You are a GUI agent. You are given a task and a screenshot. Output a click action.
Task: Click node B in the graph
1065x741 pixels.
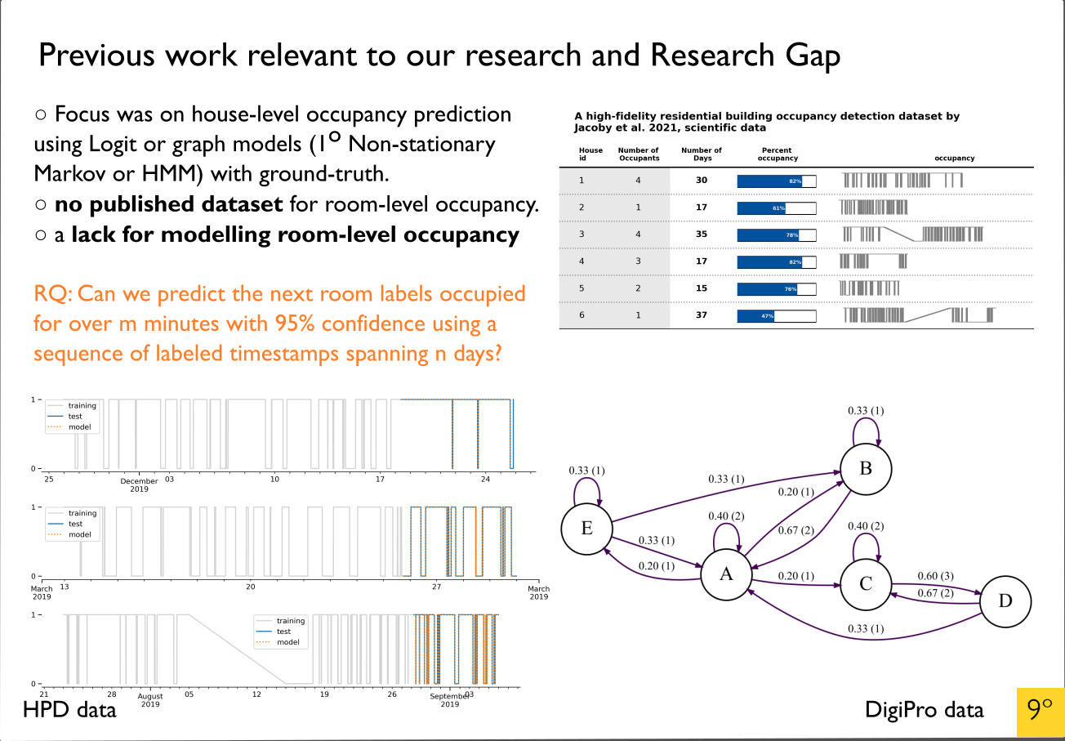pyautogui.click(x=867, y=469)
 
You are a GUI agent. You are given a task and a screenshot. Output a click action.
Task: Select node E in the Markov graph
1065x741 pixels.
pyautogui.click(x=586, y=528)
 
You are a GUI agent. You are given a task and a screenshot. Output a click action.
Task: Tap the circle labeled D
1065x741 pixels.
pyautogui.click(x=1005, y=601)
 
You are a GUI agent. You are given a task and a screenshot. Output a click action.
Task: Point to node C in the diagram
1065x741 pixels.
pyautogui.click(x=867, y=583)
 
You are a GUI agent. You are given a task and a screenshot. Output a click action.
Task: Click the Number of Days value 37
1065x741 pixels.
pyautogui.click(x=701, y=315)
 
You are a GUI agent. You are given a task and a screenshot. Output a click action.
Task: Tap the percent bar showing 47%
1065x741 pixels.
pyautogui.click(x=776, y=315)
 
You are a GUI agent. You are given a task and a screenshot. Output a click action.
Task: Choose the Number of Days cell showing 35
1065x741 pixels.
pyautogui.click(x=701, y=234)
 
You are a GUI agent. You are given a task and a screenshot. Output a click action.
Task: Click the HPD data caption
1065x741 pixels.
pyautogui.click(x=69, y=709)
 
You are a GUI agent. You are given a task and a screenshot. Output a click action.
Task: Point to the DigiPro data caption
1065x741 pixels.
pyautogui.click(x=925, y=710)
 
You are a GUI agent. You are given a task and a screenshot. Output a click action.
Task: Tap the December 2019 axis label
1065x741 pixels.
pyautogui.click(x=139, y=485)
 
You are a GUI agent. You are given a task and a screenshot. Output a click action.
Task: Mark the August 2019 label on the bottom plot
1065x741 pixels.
pyautogui.click(x=150, y=700)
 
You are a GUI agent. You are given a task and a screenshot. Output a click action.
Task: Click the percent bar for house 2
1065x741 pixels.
pyautogui.click(x=776, y=208)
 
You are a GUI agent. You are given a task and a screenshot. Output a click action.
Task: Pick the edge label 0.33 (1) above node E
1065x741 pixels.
pyautogui.click(x=587, y=471)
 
